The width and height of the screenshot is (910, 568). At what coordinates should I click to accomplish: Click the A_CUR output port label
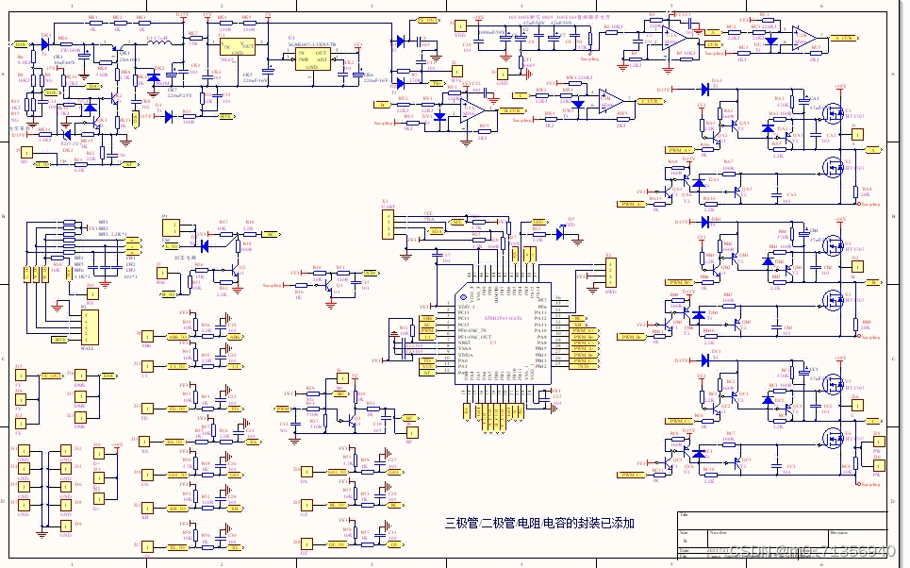click(x=847, y=37)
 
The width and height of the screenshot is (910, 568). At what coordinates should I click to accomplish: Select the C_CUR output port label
click(x=650, y=100)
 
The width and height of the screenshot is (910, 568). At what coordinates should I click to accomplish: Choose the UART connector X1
click(x=386, y=226)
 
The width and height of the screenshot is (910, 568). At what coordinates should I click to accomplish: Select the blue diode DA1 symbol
click(x=704, y=90)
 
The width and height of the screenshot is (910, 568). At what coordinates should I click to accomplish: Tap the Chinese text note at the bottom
click(x=540, y=523)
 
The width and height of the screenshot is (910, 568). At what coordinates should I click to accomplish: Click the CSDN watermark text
click(x=812, y=550)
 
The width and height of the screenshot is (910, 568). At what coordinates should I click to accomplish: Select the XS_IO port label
click(x=175, y=441)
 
